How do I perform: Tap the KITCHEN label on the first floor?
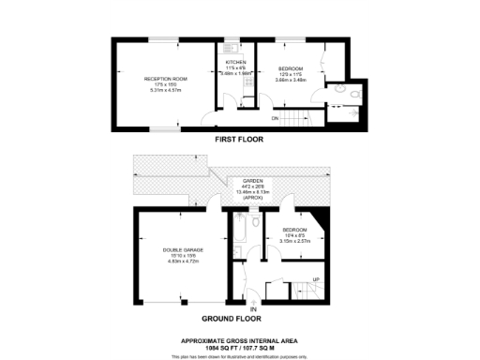[x=234, y=63]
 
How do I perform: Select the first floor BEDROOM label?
[x=292, y=68]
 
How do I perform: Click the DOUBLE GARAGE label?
[x=178, y=248]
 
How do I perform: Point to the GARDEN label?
[x=253, y=180]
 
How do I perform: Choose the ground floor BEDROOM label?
[x=294, y=229]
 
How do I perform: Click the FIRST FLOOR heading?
[x=239, y=139]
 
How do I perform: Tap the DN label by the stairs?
[x=275, y=118]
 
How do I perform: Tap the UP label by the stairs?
[x=315, y=280]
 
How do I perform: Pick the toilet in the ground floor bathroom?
[x=240, y=251]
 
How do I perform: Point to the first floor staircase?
[x=300, y=118]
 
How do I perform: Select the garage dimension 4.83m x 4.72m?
[x=178, y=261]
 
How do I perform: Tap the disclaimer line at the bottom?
[x=239, y=356]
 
